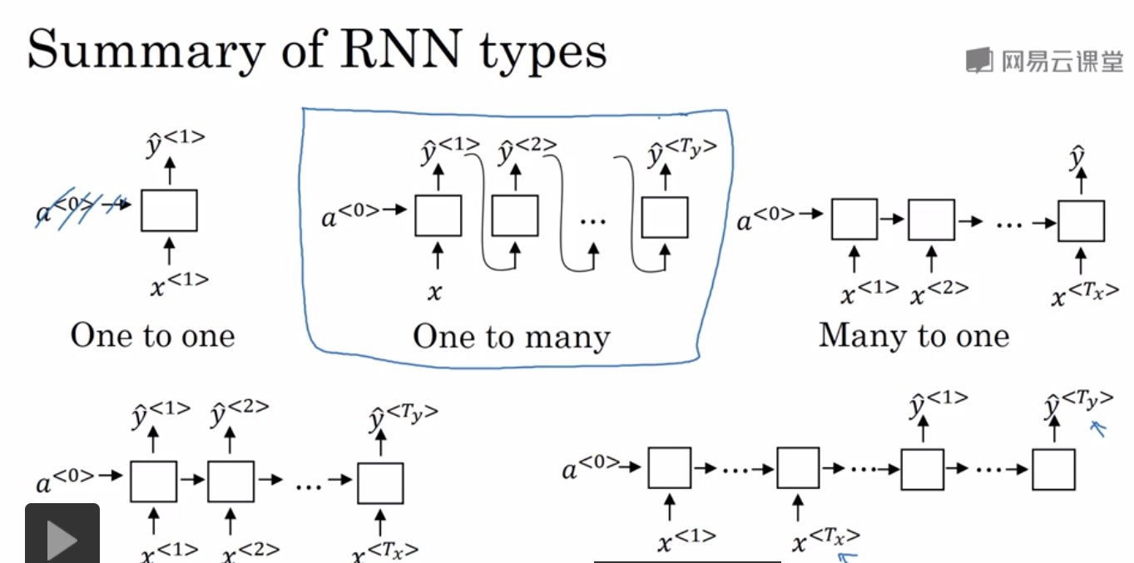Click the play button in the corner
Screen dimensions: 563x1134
(62, 536)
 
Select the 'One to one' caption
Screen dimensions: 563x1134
(153, 336)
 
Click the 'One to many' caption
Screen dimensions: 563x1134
(511, 337)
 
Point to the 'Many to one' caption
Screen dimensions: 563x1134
(914, 335)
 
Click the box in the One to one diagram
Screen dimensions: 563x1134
(169, 210)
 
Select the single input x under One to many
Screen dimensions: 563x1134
(435, 292)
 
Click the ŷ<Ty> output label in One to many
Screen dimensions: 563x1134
(681, 155)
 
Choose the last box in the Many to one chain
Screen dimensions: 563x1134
(1081, 221)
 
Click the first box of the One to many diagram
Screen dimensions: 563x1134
(438, 216)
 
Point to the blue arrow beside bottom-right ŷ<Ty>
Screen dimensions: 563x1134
(1101, 428)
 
